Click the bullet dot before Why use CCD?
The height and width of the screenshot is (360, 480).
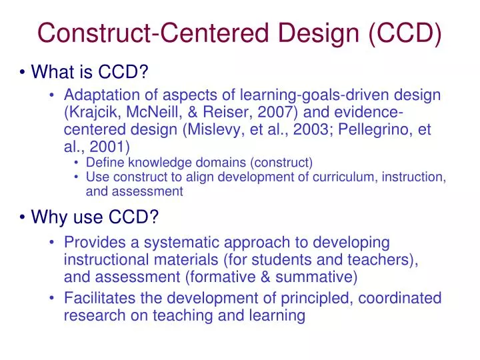(22, 217)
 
